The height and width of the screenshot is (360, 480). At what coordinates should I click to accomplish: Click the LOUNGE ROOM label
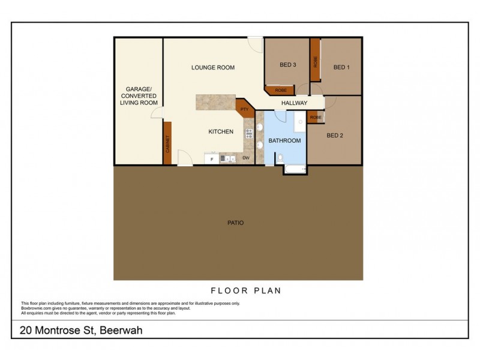(x=212, y=67)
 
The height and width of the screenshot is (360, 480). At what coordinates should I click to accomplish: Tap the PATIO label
(x=235, y=223)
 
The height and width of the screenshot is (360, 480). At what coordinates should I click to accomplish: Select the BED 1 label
(x=341, y=67)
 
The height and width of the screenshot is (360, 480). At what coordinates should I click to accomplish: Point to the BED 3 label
(x=288, y=65)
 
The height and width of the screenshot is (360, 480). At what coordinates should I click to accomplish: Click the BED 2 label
(x=335, y=136)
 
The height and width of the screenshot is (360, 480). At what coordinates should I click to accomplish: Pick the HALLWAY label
(x=294, y=103)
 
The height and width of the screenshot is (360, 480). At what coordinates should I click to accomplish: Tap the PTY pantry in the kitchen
(x=244, y=109)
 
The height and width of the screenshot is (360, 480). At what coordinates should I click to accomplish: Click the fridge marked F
(x=211, y=158)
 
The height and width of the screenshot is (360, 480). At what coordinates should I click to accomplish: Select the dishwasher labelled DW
(x=245, y=158)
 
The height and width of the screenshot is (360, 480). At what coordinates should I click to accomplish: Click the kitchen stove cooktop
(x=248, y=135)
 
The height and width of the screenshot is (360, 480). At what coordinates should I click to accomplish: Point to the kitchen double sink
(x=228, y=158)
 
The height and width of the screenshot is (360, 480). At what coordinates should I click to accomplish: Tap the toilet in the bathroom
(x=280, y=158)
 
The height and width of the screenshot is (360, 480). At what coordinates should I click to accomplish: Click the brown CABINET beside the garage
(x=167, y=143)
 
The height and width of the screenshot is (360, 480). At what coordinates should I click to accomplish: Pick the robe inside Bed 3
(x=280, y=91)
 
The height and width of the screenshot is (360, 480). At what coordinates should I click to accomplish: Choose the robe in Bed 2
(x=316, y=118)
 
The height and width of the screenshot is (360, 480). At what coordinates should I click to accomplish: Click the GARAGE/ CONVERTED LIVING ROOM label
(x=139, y=96)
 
